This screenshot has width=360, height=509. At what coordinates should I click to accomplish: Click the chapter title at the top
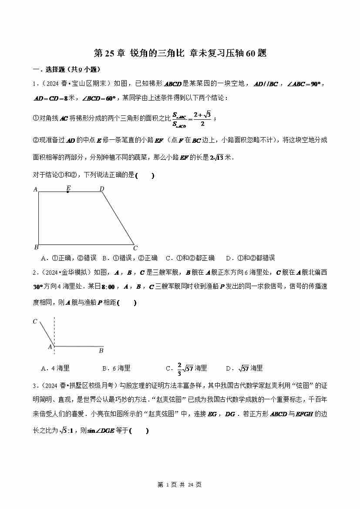tap(180, 54)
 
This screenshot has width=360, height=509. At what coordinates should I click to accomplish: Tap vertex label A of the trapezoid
tap(35, 189)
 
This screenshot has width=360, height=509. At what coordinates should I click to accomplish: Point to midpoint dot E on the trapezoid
tap(67, 192)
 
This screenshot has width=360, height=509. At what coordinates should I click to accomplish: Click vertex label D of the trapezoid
tap(101, 189)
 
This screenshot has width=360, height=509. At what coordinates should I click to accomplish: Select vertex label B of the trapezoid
tap(36, 247)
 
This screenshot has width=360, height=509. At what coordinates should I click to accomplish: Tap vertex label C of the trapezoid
tap(135, 248)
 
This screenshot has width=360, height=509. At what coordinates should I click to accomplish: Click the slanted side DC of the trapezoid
tap(118, 218)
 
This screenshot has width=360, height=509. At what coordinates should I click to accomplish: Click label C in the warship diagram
tap(35, 322)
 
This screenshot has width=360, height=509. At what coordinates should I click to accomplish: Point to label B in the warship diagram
tap(101, 350)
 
